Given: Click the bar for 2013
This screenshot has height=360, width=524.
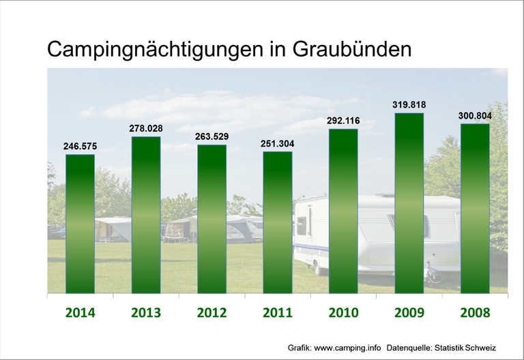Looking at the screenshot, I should [146, 215].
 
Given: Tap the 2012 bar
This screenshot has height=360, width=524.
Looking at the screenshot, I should [212, 219].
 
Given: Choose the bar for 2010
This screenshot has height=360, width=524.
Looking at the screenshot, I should [343, 211].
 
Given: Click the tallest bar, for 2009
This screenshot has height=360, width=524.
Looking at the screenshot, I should [409, 203].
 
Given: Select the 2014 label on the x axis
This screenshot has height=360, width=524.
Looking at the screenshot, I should [80, 313].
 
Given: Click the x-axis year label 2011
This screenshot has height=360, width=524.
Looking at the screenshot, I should [278, 313].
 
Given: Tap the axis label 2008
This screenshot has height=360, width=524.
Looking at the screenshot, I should [475, 313].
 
